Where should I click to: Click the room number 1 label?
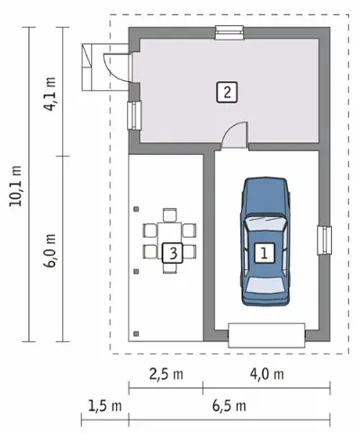(x=264, y=253)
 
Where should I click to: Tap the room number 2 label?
(x=227, y=92)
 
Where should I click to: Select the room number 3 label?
(x=173, y=253)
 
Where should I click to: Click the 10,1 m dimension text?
(x=16, y=185)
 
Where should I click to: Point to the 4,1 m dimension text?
(x=49, y=94)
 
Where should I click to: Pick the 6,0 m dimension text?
(x=49, y=250)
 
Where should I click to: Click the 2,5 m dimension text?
(x=166, y=374)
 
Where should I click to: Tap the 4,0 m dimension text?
(x=266, y=374)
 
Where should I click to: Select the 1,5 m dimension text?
(x=105, y=406)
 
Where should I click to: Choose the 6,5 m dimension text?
(x=229, y=406)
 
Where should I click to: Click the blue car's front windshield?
(x=265, y=222)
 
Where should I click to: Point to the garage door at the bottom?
(x=266, y=335)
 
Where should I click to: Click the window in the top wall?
(x=229, y=32)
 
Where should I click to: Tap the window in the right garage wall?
(x=325, y=240)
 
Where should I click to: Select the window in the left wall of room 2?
(x=134, y=115)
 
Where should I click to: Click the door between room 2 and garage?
(x=235, y=135)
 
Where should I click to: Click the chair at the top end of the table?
(x=170, y=215)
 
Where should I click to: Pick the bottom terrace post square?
(x=136, y=333)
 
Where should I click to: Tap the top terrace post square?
(x=136, y=209)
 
